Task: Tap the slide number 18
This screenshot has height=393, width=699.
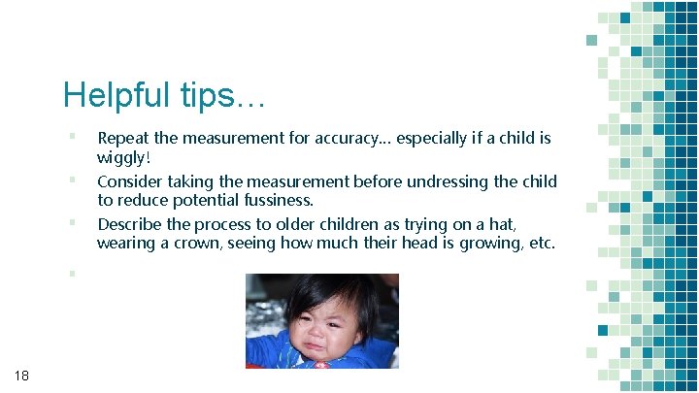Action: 21,375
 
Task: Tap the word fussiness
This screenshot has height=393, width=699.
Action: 272,201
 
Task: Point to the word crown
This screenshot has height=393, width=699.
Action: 195,244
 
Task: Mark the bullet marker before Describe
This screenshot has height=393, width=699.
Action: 72,221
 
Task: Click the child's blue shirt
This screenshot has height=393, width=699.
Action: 282,352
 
